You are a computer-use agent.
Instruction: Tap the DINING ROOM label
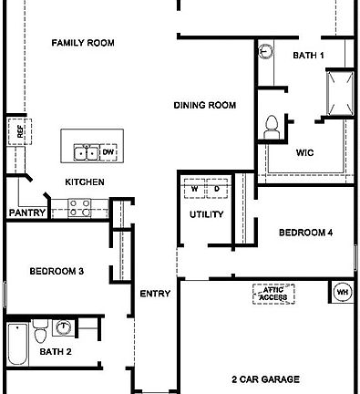tap(205, 106)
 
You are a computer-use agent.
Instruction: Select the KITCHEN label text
tap(84, 182)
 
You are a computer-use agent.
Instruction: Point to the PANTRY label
tap(27, 213)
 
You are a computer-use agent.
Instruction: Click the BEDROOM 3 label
tap(57, 271)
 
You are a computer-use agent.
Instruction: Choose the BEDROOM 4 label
tap(305, 233)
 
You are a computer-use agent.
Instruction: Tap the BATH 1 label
tap(308, 56)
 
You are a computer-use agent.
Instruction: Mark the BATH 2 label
tap(56, 351)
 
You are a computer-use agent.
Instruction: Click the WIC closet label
tap(304, 152)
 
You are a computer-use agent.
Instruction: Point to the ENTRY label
tap(155, 294)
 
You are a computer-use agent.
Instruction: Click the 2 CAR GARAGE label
tap(266, 378)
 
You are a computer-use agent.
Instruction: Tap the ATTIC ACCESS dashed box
tap(273, 294)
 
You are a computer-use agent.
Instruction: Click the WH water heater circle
tap(343, 293)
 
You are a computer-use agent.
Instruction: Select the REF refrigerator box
tap(15, 131)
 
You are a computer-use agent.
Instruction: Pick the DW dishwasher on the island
tap(108, 151)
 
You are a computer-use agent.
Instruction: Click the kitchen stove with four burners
tap(78, 211)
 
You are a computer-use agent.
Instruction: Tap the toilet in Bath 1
tap(271, 126)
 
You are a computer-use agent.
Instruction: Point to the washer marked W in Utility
tap(194, 190)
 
